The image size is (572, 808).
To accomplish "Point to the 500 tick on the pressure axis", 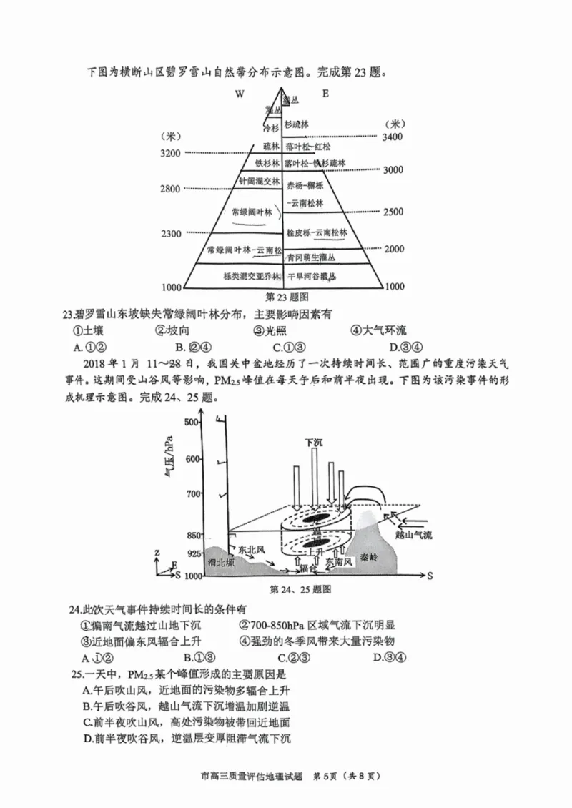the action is coord(190,422).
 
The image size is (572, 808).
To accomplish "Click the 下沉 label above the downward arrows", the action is coord(314,443).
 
